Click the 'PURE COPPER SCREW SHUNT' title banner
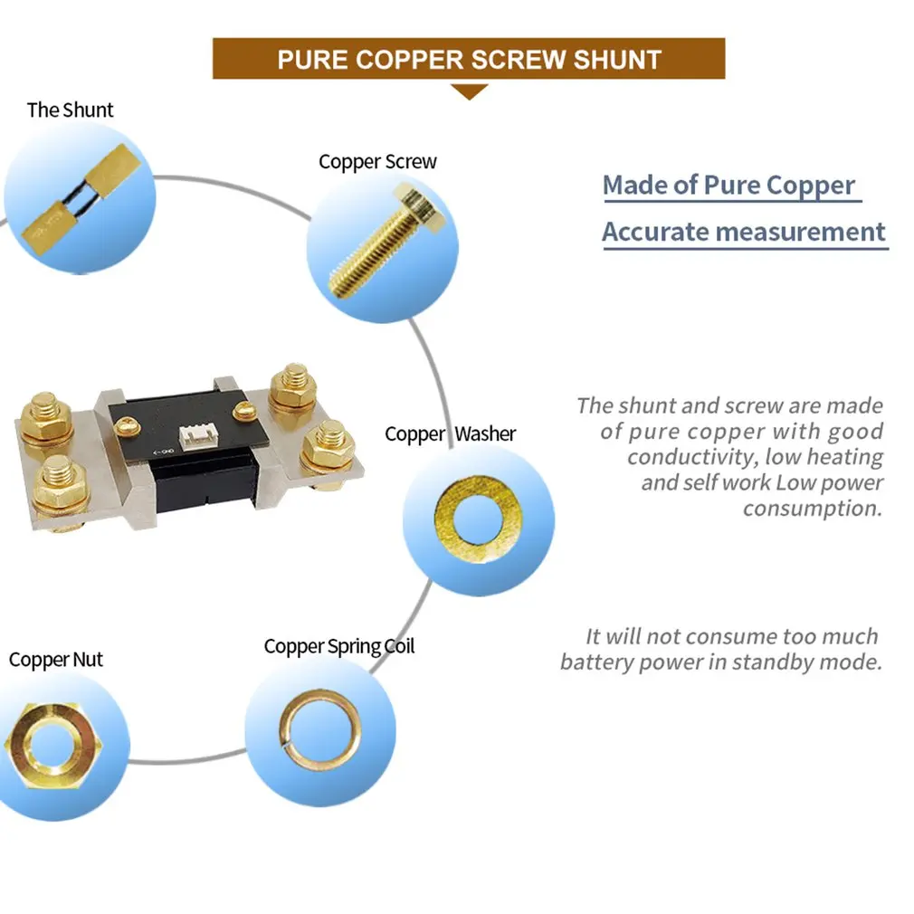click(469, 59)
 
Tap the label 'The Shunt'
click(70, 110)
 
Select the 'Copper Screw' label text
click(377, 162)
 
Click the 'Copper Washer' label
click(450, 433)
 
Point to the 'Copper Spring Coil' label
click(339, 647)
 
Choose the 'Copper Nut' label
click(56, 660)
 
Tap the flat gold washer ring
click(465, 520)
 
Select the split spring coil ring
click(319, 729)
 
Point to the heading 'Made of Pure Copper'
click(728, 186)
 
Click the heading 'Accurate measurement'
click(744, 232)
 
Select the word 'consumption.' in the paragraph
click(812, 509)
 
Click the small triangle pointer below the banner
click(469, 90)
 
